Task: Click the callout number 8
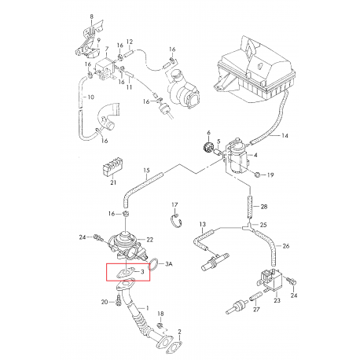pos(91,17)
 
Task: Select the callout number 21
pos(113,182)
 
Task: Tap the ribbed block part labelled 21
pos(112,167)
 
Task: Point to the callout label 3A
pos(169,264)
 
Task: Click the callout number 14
pos(285,135)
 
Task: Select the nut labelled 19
pos(257,174)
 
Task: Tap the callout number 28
pos(264,207)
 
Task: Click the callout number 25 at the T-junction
pos(263,225)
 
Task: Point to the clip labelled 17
pos(176,219)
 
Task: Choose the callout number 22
pos(150,240)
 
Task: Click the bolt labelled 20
pos(118,301)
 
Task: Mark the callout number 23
pos(277,300)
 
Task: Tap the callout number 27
pos(256,309)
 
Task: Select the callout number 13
pos(203,224)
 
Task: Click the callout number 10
pos(90,97)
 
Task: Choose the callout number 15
pos(146,171)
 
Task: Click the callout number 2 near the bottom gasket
pos(179,332)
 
